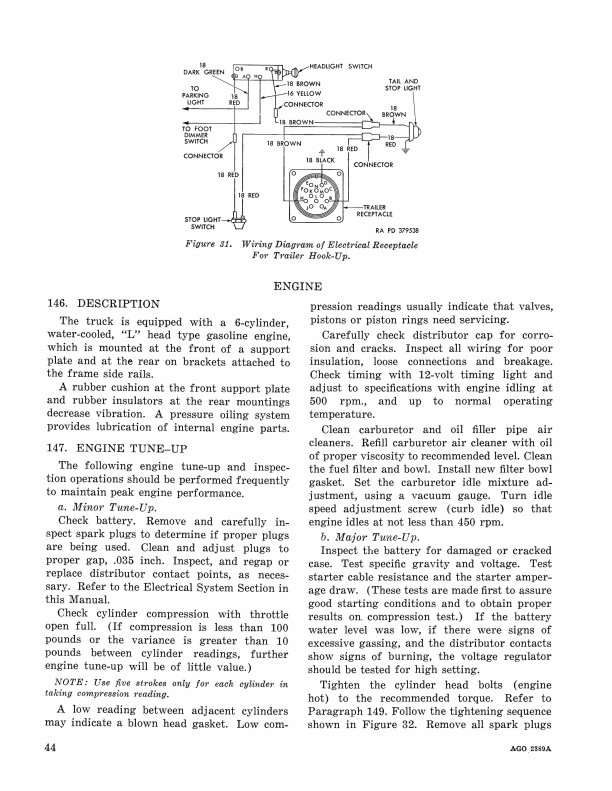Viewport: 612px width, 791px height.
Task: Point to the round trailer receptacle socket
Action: pyautogui.click(x=317, y=195)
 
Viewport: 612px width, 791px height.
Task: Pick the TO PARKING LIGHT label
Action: pyautogui.click(x=195, y=96)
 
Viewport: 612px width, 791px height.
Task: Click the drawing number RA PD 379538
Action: pyautogui.click(x=398, y=232)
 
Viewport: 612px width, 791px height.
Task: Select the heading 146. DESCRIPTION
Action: pyautogui.click(x=103, y=303)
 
